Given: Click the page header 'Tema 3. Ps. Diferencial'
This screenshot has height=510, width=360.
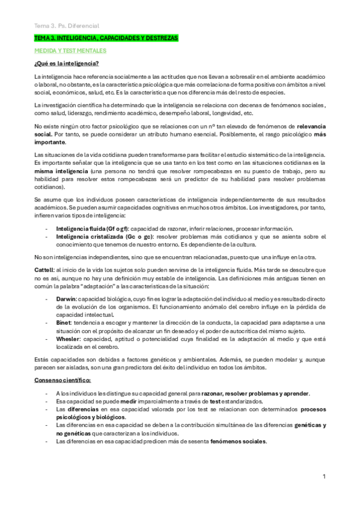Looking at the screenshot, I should [x=66, y=25].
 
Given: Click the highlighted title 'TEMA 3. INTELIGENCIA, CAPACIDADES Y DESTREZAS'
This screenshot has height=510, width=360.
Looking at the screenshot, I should [x=106, y=38].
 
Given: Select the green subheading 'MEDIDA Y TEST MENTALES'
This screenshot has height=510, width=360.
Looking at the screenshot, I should [x=70, y=51].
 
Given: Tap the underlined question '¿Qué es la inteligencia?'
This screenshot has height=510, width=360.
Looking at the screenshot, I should [x=67, y=64].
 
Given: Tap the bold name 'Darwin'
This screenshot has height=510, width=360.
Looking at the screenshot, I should [x=66, y=299].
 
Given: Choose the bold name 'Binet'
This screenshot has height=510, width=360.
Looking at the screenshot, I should [x=63, y=322].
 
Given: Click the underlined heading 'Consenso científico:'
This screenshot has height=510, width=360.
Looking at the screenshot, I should [x=63, y=380].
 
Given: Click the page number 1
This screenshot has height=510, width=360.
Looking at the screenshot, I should [x=324, y=477].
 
